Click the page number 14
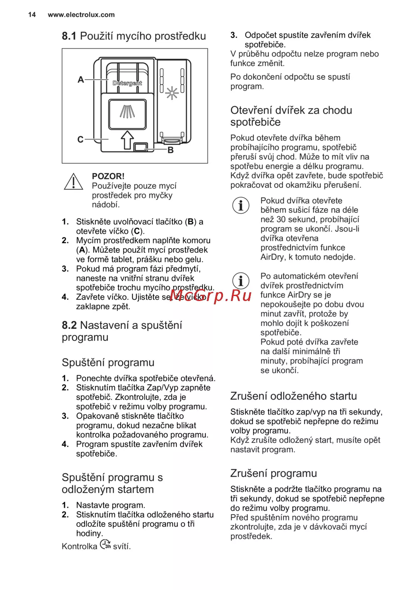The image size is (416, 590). coord(32,15)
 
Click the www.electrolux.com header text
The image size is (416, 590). coord(81,15)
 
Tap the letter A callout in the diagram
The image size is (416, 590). coord(81,79)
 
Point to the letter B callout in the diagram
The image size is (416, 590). coord(171,150)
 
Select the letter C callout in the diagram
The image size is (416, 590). coord(80,140)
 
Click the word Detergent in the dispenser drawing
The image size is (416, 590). coord(127,83)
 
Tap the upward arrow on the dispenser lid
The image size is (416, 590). coord(127,139)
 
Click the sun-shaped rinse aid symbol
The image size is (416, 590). coord(172,93)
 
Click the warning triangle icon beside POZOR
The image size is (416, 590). coord(74,182)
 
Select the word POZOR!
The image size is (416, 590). coord(108,176)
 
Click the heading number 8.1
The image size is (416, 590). coord(69,36)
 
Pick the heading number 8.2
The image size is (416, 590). coord(69,325)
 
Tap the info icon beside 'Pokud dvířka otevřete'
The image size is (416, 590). coord(241,205)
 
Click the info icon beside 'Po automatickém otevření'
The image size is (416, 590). coord(241,281)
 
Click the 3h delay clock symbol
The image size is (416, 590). coord(106,545)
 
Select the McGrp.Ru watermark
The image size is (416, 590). coord(210,295)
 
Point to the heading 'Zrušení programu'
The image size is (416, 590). coord(274,473)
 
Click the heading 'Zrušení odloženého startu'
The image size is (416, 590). coord(294,396)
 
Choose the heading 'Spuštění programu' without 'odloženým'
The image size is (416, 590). coord(108,363)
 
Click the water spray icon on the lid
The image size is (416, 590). coord(127,111)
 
